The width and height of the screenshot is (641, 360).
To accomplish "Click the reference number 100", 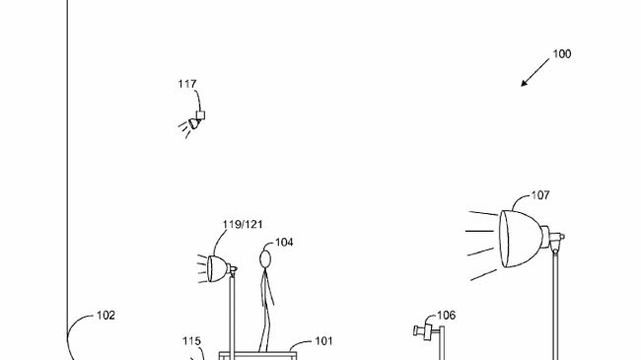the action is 561,54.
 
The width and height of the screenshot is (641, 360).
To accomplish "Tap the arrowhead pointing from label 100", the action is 525,84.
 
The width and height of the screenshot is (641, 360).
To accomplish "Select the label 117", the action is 187,84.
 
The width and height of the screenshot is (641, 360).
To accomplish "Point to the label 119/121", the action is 242,225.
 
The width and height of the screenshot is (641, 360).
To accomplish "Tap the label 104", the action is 284,243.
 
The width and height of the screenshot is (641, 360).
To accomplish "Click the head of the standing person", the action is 264,259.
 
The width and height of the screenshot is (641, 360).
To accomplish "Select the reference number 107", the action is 540,195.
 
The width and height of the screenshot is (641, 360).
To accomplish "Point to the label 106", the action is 446,316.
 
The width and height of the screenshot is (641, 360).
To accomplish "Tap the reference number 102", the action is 106,316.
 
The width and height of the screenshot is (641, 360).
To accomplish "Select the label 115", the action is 191,341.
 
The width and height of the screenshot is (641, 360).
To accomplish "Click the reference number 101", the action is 323,341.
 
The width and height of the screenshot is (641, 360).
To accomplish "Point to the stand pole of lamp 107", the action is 555,306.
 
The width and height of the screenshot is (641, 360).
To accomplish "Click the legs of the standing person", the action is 264,321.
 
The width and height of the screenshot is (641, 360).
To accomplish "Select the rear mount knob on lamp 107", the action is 560,237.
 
